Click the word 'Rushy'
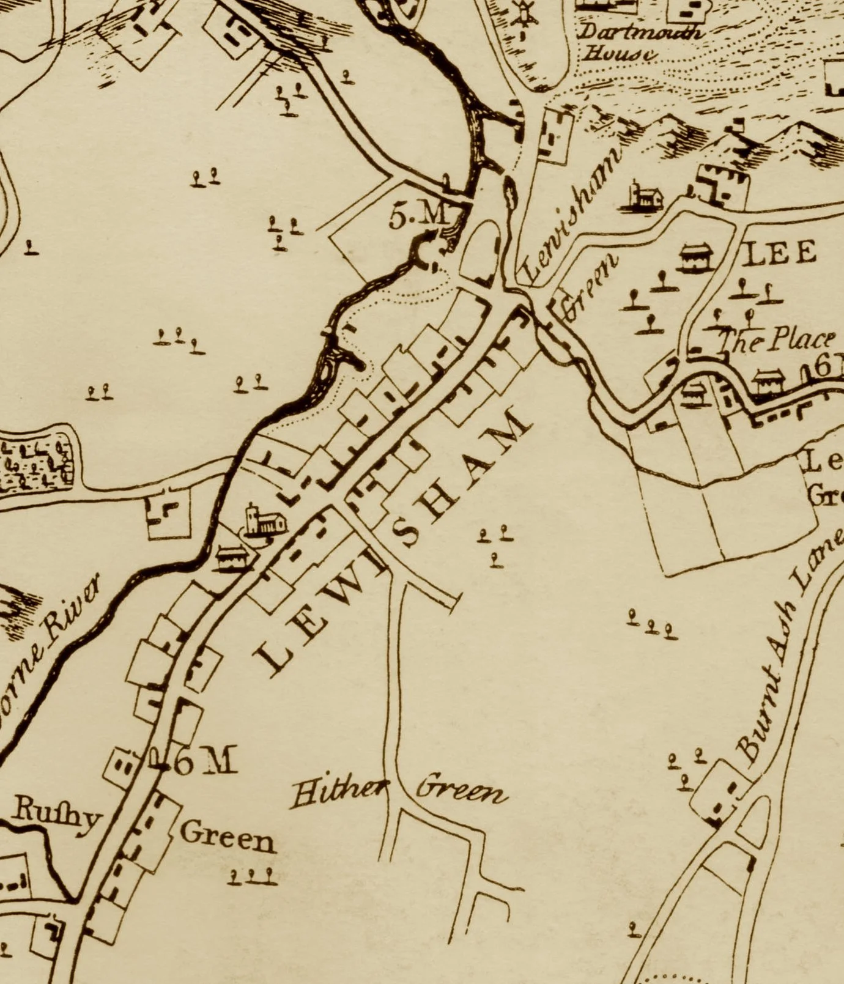55,813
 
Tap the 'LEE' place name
779,252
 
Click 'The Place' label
777,340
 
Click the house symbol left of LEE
695,257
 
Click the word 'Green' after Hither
462,791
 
